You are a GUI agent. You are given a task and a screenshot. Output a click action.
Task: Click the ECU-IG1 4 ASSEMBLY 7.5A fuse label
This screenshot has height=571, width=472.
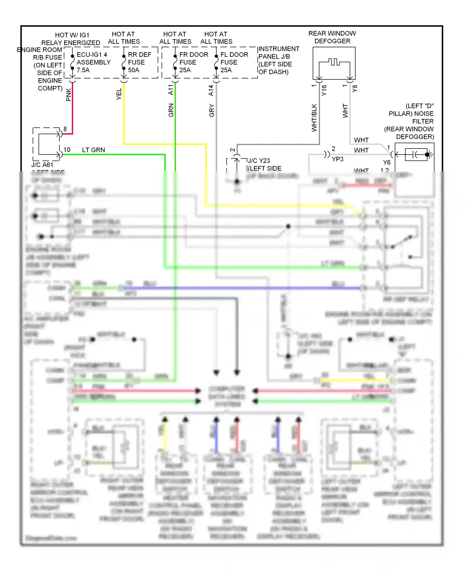(93, 62)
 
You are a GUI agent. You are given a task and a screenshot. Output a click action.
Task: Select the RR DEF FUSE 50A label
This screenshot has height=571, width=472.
(139, 62)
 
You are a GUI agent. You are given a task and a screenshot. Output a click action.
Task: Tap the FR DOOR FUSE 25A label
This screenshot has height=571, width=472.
(193, 62)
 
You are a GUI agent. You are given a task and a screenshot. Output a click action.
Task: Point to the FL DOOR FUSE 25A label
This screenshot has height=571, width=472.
(234, 62)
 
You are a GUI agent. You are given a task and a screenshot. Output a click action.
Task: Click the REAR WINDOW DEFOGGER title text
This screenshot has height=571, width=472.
(332, 37)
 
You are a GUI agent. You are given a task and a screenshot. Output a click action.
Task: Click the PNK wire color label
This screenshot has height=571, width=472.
(69, 95)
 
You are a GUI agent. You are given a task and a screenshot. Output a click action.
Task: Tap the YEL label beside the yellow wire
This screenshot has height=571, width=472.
(119, 94)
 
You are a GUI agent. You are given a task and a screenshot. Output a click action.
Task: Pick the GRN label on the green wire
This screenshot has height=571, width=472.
(171, 110)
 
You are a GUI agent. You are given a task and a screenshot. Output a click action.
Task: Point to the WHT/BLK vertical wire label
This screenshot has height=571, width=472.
(314, 118)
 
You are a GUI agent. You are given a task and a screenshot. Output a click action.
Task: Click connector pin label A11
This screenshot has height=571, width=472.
(171, 90)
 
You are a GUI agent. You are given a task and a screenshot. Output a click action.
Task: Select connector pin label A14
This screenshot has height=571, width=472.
(211, 90)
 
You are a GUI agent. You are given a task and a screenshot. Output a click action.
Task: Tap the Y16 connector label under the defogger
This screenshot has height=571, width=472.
(324, 90)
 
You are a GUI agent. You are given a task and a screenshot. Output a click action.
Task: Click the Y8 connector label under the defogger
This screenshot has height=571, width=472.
(355, 89)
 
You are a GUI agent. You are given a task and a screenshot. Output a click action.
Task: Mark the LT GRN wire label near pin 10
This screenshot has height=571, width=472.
(93, 150)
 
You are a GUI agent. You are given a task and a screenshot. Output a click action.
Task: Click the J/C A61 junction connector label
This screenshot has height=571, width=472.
(42, 165)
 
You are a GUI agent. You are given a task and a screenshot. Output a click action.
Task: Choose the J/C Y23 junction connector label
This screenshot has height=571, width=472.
(259, 161)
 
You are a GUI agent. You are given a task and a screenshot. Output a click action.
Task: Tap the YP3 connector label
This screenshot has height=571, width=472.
(338, 159)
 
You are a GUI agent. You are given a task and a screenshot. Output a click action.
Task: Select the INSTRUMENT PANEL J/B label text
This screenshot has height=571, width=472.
(278, 53)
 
